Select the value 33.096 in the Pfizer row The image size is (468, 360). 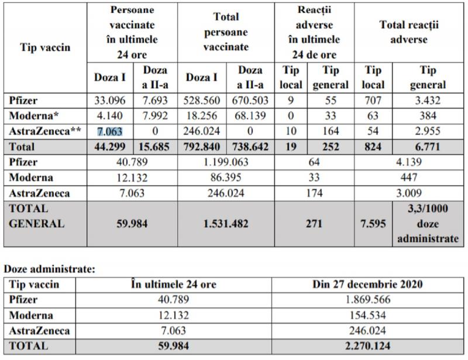point(111,101)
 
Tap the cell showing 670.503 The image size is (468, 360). point(250,101)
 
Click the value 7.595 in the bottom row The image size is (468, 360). point(373,223)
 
